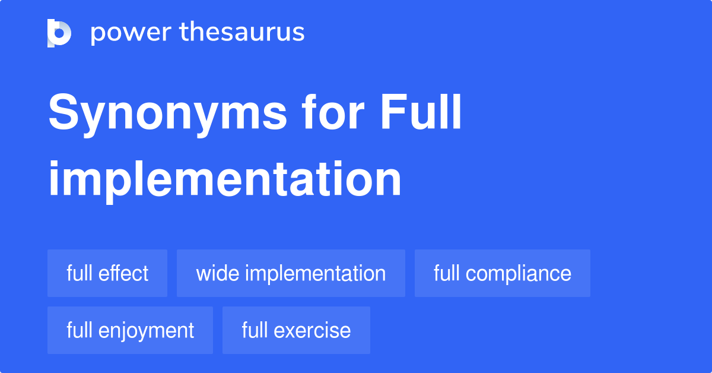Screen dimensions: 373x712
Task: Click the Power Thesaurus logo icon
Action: click(59, 33)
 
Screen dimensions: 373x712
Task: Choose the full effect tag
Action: click(107, 273)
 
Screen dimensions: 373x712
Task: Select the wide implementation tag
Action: click(291, 273)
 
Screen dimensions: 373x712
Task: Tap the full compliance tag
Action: click(502, 273)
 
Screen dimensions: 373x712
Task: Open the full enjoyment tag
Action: click(130, 330)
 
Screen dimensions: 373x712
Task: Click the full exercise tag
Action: click(296, 330)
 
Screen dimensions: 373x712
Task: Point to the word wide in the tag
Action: click(217, 273)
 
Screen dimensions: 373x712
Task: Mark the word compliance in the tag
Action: click(519, 274)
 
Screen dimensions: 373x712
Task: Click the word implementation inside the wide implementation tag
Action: click(315, 273)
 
